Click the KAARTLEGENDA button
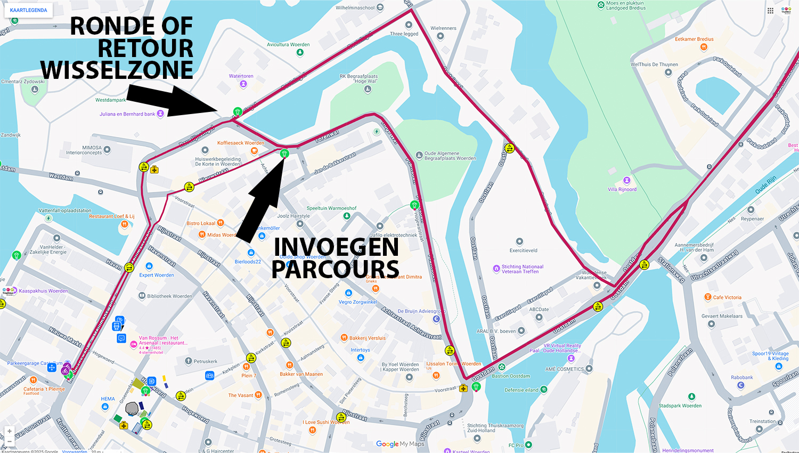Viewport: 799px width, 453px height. point(28,10)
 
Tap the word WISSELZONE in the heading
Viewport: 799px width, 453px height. point(117,70)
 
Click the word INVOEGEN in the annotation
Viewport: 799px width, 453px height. point(336,247)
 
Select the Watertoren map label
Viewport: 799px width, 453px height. point(241,76)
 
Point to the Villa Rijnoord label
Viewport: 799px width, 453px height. point(622,189)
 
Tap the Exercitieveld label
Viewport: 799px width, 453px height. point(523,250)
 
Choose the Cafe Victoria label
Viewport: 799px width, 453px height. point(727,297)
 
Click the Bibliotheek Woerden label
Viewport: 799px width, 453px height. point(169,296)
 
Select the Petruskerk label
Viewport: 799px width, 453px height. point(205,361)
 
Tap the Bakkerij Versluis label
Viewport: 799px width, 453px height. point(367,338)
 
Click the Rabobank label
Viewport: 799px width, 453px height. point(741,377)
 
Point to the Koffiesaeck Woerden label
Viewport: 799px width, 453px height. point(241,143)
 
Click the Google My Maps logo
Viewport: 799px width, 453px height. point(400,444)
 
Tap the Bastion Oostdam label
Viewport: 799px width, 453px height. point(511,376)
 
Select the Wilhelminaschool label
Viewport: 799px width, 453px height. point(355,8)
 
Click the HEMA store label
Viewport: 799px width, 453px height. point(108,399)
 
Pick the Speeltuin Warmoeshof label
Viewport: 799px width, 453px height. point(331,208)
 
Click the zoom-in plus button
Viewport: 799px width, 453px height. point(10,431)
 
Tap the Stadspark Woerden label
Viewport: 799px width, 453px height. point(680,406)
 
